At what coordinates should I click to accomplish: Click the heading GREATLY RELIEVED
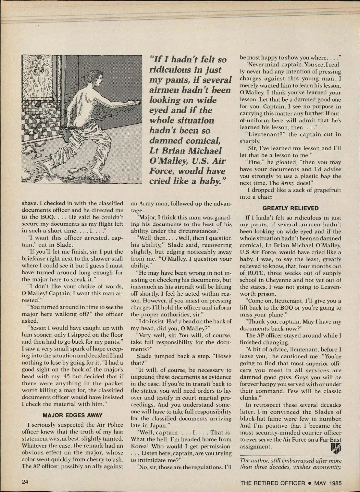290,208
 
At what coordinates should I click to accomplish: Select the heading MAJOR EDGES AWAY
72,415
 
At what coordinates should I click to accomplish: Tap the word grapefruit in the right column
325,190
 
